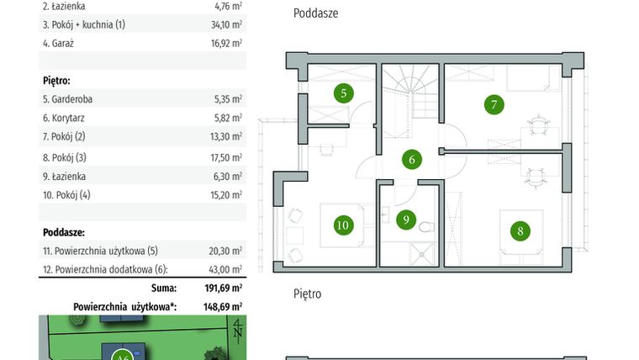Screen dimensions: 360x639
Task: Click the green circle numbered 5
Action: [x=343, y=93]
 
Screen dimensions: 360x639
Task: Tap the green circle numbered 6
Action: [x=411, y=159]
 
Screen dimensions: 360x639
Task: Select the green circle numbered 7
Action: [x=494, y=105]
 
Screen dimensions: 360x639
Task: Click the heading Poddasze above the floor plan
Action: [x=316, y=14]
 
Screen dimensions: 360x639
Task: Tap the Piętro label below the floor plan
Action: [x=307, y=294]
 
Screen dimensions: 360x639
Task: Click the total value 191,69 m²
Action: [x=221, y=287]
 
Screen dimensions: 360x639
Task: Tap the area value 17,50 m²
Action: [x=228, y=157]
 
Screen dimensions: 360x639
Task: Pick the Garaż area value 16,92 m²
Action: [x=228, y=42]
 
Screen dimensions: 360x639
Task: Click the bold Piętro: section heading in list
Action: [x=56, y=80]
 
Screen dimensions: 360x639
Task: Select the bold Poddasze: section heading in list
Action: [x=63, y=231]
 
